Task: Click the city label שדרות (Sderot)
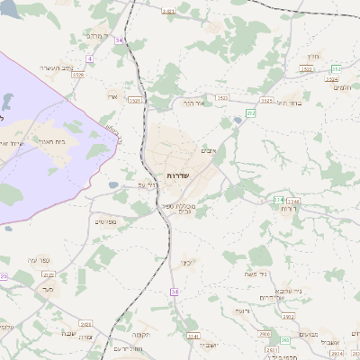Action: [176, 175]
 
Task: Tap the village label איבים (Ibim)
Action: [209, 149]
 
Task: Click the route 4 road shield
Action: [90, 59]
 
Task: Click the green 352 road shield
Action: [336, 68]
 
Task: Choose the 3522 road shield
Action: [221, 96]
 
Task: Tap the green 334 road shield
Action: [279, 199]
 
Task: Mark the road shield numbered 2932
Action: [289, 317]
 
